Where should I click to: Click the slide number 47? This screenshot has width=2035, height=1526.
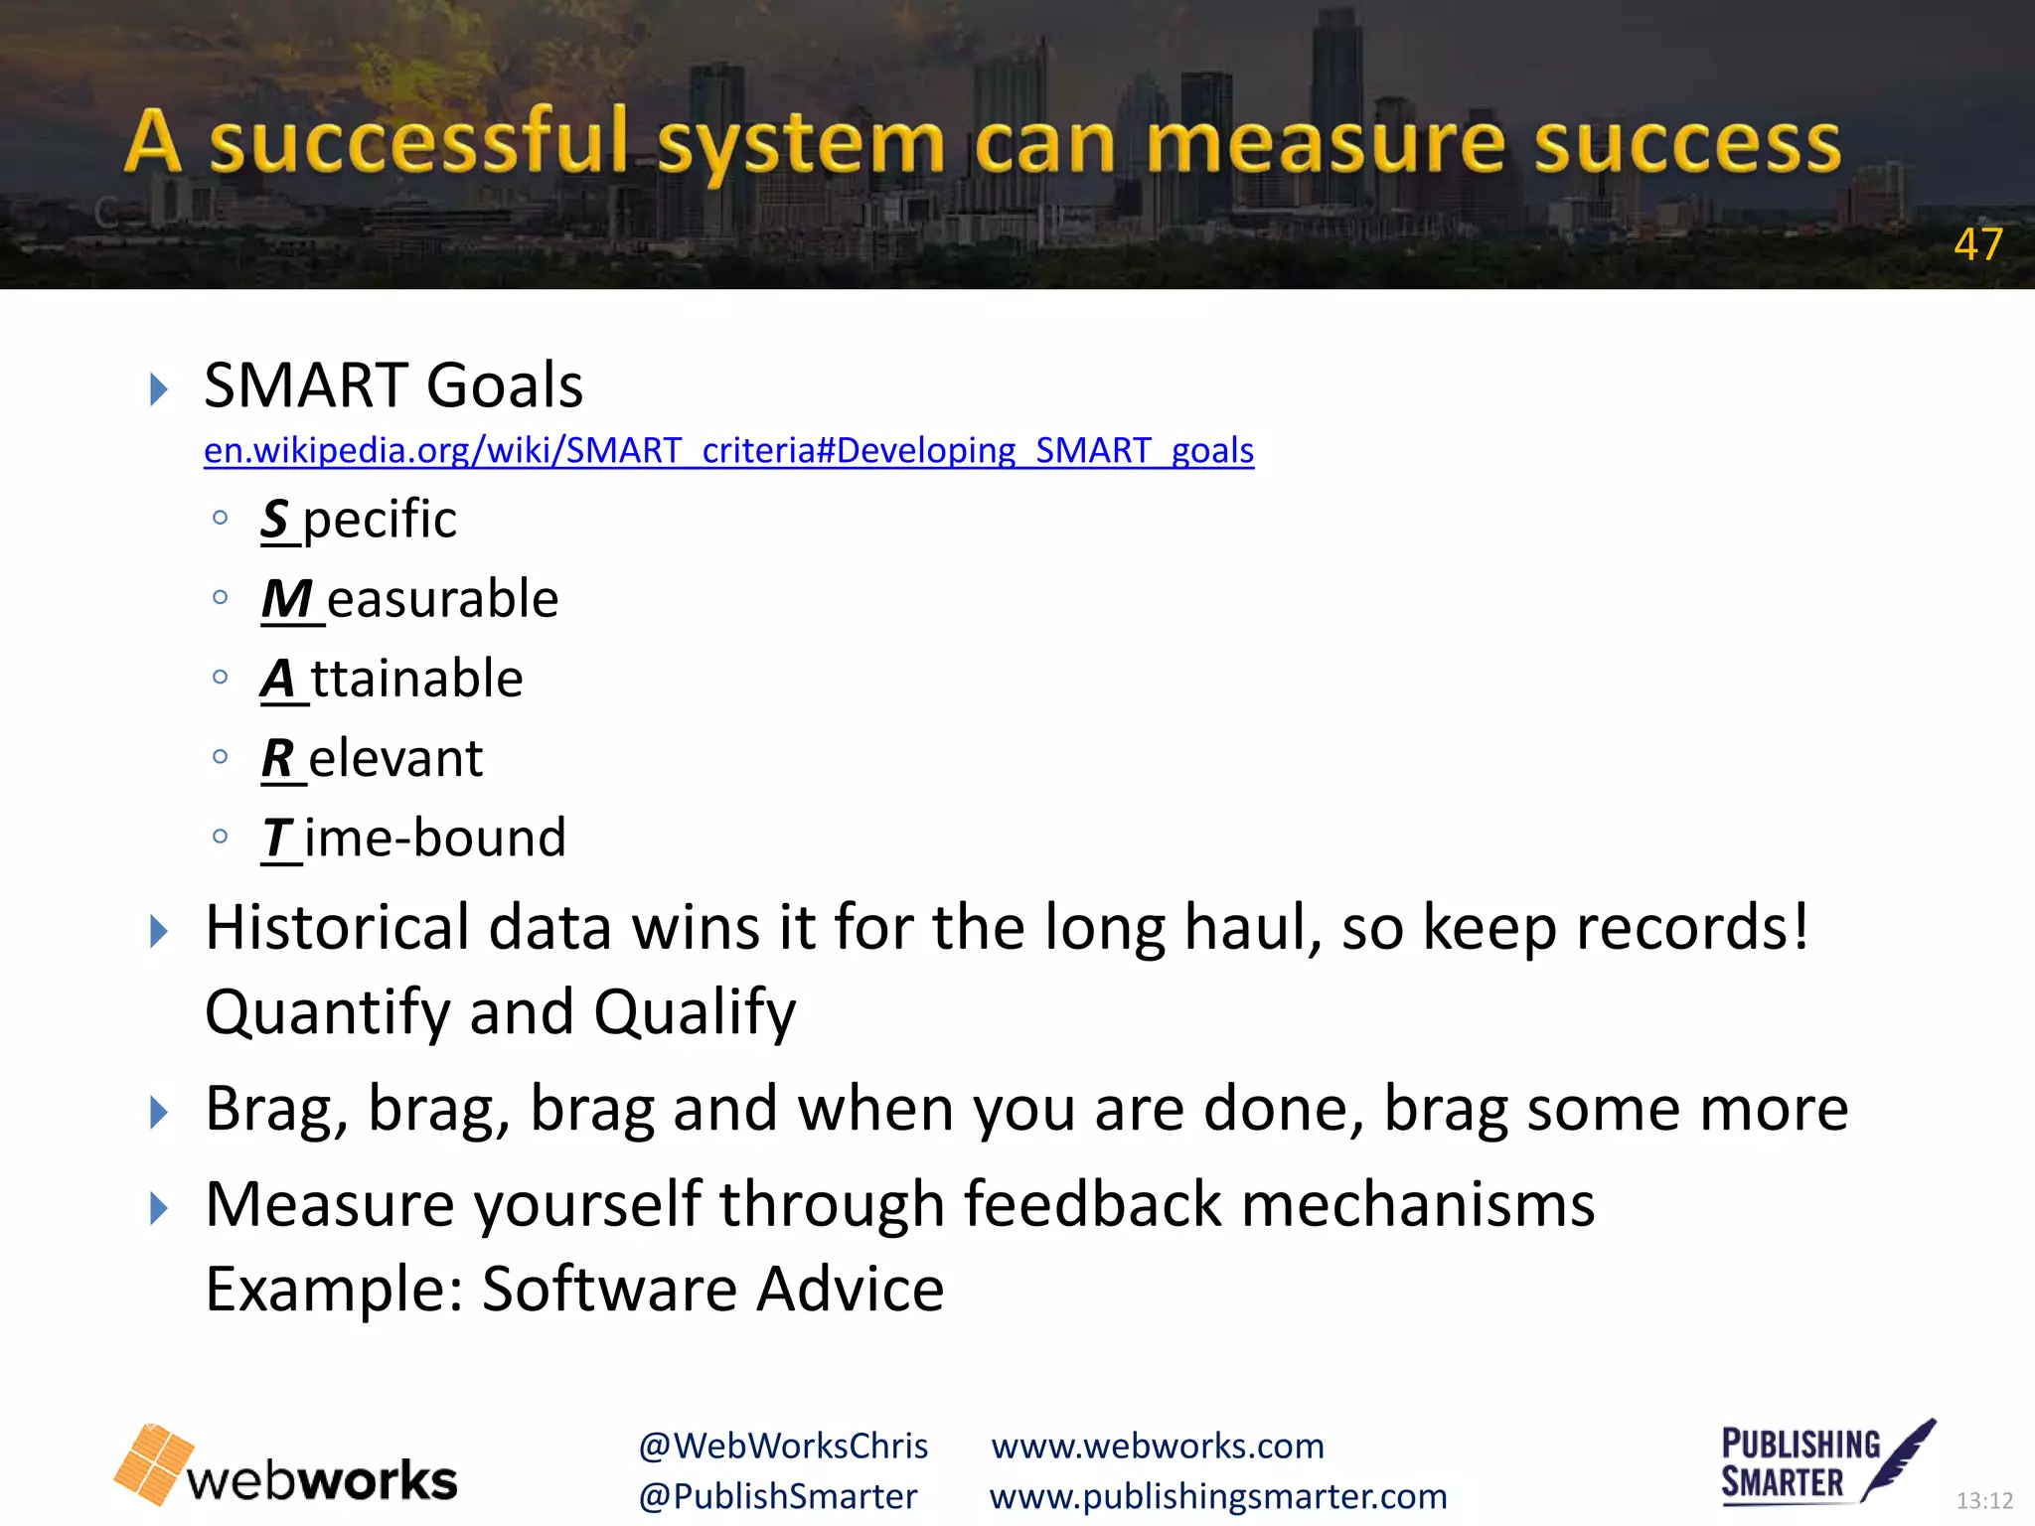click(1977, 244)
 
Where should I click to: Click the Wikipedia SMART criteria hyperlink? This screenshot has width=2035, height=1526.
click(728, 450)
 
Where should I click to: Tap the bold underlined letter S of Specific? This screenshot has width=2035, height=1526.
click(275, 519)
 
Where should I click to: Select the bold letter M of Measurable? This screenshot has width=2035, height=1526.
click(287, 599)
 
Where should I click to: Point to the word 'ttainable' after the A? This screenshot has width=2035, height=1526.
click(417, 679)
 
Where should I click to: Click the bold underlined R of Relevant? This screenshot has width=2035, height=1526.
click(277, 759)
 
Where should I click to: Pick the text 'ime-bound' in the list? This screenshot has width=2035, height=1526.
click(435, 838)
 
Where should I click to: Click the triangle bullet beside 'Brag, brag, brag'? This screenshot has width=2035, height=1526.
click(158, 1112)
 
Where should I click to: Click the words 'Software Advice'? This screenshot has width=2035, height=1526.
click(712, 1289)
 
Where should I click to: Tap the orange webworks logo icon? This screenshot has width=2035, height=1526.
click(154, 1463)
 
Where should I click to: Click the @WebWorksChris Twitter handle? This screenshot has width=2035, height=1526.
click(783, 1446)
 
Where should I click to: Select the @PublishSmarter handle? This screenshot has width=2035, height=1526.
click(778, 1496)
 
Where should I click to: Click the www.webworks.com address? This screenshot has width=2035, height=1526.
click(1158, 1446)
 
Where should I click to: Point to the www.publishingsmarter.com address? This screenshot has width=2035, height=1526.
click(1218, 1496)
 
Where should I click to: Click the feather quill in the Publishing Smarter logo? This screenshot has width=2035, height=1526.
click(1900, 1457)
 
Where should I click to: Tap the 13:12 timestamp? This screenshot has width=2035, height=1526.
click(1983, 1500)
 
